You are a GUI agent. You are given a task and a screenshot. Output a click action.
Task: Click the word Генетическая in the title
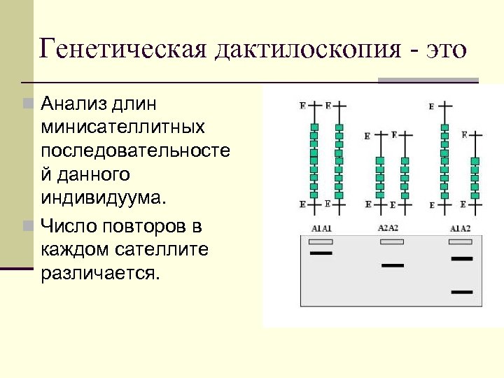point(122,50)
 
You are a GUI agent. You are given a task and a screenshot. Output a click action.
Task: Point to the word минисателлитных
point(122,127)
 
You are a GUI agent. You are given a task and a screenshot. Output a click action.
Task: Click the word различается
point(101,272)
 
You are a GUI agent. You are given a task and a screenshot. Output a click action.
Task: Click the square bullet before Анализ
point(27,104)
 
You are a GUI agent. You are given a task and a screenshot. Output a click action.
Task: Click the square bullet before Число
point(27,226)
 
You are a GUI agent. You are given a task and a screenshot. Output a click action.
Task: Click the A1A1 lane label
point(321,229)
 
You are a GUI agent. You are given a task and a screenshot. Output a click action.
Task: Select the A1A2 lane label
point(460,229)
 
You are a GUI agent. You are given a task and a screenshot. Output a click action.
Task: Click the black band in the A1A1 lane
point(321,253)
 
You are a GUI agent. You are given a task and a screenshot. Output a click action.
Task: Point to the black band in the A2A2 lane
point(393,265)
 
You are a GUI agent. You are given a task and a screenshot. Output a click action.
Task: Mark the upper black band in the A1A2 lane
point(462,258)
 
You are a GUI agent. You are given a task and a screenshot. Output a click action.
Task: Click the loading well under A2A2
point(391,241)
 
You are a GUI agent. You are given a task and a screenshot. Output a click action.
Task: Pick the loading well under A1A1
point(321,241)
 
